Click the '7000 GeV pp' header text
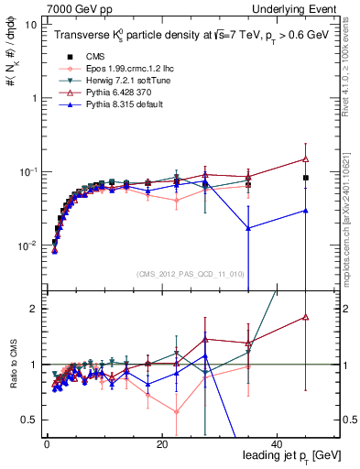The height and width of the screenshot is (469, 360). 74,7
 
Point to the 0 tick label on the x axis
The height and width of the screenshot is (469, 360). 47,443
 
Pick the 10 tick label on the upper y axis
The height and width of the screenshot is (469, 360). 32,25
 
